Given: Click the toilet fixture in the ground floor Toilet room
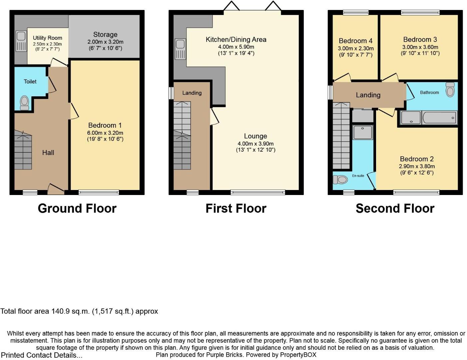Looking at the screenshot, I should click(24, 103).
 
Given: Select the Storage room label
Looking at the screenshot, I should click(105, 35).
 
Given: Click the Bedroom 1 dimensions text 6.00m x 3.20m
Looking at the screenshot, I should click(105, 133).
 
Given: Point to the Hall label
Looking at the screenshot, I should click(48, 153).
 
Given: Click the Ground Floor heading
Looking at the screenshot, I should click(77, 208).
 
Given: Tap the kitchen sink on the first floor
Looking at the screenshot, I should click(180, 49).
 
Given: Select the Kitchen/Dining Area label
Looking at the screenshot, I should click(236, 40).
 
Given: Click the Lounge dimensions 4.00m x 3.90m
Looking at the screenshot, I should click(255, 144).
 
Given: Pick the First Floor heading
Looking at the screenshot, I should click(236, 208).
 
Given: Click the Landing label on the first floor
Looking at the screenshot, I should click(192, 93).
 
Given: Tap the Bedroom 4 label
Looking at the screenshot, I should click(355, 41).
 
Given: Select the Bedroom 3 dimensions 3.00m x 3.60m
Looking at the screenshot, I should click(420, 47).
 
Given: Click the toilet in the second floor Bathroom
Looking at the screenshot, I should click(450, 89).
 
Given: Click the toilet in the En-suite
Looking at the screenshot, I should click(340, 180).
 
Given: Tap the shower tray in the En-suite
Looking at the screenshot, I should click(363, 132).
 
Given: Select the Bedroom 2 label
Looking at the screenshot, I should click(416, 159).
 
